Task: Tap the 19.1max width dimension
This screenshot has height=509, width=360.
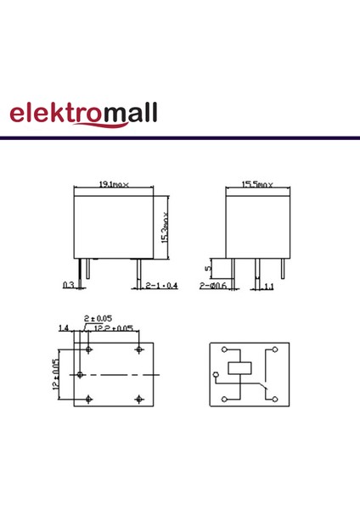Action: pos(114,183)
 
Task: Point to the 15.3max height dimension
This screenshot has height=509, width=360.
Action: pos(166,227)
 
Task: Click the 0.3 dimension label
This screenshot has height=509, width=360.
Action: pos(68,285)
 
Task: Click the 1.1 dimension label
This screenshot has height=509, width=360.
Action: pos(268,288)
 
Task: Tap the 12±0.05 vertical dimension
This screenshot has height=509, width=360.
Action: pos(56,373)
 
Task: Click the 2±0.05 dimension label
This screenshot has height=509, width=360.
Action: pos(96,318)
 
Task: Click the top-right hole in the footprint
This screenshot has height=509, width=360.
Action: pos(138,350)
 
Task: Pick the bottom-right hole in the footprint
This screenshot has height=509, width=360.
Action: pos(138,398)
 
